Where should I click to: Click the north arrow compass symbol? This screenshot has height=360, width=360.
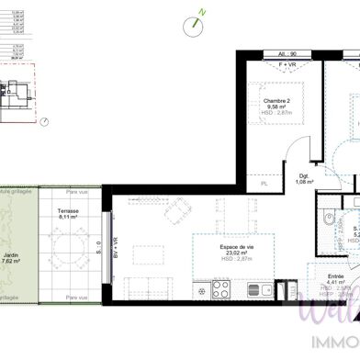[x=195, y=24]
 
